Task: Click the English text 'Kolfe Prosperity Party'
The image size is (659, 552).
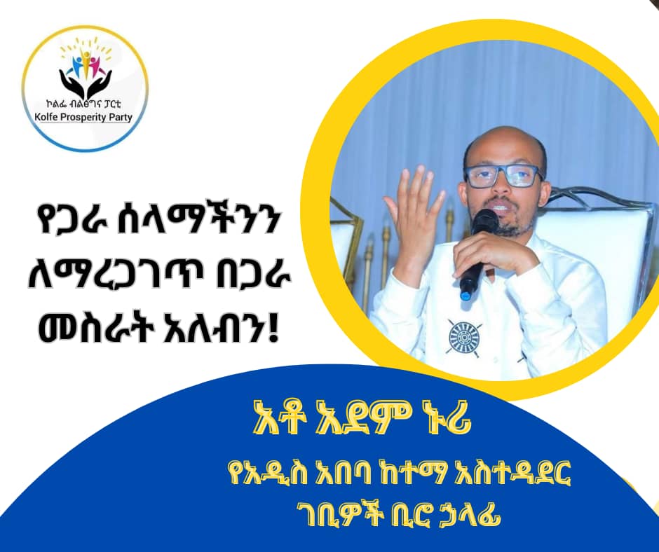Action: click(84, 116)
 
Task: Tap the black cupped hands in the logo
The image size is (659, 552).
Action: click(86, 84)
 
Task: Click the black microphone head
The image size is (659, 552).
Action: click(484, 222)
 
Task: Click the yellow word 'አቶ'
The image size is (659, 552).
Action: click(278, 421)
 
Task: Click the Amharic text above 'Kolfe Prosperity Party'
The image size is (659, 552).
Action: click(84, 104)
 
